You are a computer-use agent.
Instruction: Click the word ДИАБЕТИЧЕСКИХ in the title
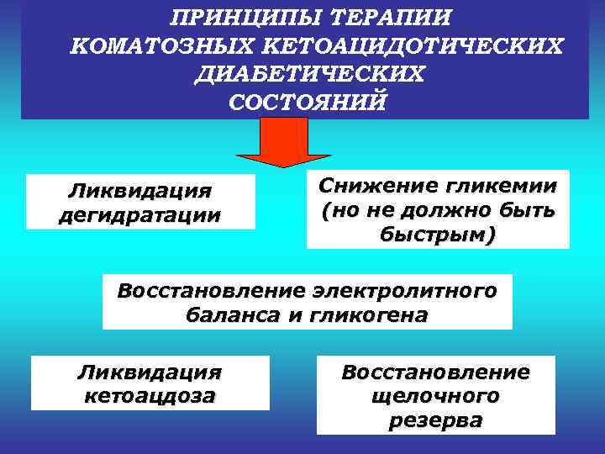[308, 73]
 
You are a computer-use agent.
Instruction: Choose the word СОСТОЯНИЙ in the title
[308, 102]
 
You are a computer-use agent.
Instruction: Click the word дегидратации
[139, 214]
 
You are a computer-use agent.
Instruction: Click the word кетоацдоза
[150, 394]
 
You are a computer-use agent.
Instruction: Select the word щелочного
[435, 395]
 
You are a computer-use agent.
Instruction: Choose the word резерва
[435, 420]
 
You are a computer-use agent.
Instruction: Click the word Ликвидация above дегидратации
[139, 191]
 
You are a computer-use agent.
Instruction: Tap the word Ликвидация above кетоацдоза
[150, 371]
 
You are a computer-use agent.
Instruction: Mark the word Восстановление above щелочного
[435, 371]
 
